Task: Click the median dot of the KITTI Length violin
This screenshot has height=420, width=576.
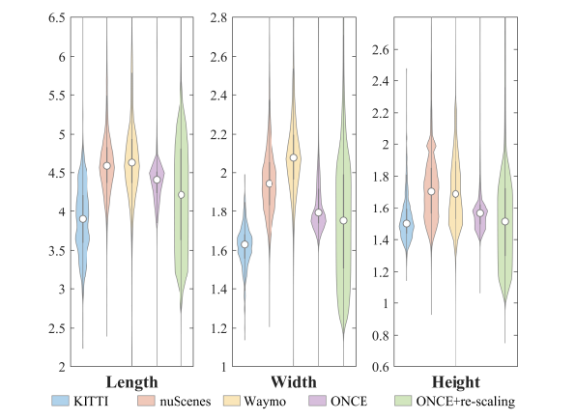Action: click(83, 219)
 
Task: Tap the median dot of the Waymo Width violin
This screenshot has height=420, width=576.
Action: click(294, 158)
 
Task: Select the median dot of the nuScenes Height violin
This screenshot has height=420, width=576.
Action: click(431, 191)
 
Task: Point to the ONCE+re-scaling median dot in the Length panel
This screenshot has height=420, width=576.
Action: click(181, 195)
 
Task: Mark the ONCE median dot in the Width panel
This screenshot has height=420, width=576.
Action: click(319, 212)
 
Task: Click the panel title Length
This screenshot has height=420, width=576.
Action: click(131, 382)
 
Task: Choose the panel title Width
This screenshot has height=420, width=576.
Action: click(294, 382)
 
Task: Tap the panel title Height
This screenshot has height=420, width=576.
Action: click(456, 382)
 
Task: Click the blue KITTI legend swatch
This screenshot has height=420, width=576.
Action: click(60, 401)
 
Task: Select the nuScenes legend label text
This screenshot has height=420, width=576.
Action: click(186, 402)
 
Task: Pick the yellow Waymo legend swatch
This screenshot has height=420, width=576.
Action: click(232, 401)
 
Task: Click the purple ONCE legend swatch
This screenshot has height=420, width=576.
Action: click(318, 401)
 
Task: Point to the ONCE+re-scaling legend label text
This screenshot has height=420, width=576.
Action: click(466, 402)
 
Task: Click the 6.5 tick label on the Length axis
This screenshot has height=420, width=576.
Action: click(57, 17)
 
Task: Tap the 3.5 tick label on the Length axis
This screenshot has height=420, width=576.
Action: click(57, 251)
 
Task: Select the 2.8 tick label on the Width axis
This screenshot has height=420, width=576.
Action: click(218, 17)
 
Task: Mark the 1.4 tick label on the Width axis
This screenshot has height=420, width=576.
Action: click(218, 290)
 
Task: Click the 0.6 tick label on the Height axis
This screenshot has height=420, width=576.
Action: click(380, 367)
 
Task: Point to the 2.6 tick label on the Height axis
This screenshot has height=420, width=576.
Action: click(380, 49)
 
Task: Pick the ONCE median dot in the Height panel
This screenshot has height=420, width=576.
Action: click(480, 213)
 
